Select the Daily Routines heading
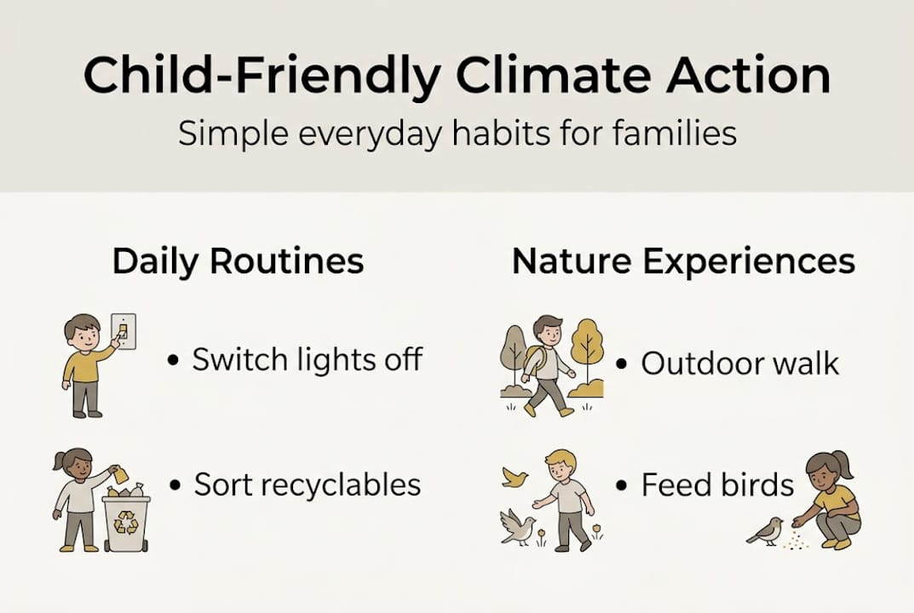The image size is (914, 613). pos(238,261)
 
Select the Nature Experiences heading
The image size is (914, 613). pos(683,261)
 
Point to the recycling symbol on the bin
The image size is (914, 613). pos(126,524)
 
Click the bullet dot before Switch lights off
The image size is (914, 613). pos(174,361)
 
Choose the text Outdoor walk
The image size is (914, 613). pos(739,364)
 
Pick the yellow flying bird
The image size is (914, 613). pos(514,477)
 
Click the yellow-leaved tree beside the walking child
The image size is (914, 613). pos(587,346)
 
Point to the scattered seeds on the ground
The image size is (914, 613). pos(796,540)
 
